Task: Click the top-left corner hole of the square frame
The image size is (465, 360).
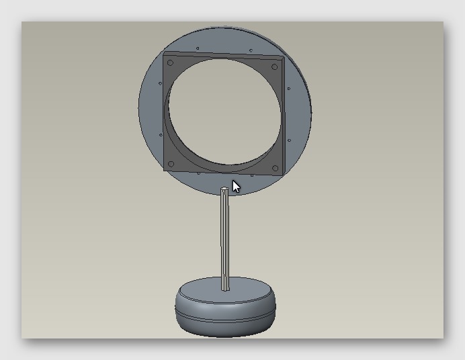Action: tap(170, 63)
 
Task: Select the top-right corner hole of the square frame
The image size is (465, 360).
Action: tap(274, 66)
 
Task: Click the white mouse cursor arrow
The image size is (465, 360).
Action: tap(236, 186)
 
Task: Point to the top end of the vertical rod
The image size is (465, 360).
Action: tap(224, 190)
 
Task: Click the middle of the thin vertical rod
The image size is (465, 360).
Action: tap(225, 238)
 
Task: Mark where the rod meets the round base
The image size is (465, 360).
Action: tap(226, 289)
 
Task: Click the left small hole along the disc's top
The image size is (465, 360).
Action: tap(198, 48)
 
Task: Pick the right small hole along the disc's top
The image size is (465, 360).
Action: tap(251, 50)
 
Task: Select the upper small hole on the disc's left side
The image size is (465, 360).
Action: tap(159, 83)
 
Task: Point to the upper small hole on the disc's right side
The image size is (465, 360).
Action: tap(289, 88)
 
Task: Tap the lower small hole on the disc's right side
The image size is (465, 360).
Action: tap(289, 140)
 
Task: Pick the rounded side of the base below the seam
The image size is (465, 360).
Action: tap(225, 326)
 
